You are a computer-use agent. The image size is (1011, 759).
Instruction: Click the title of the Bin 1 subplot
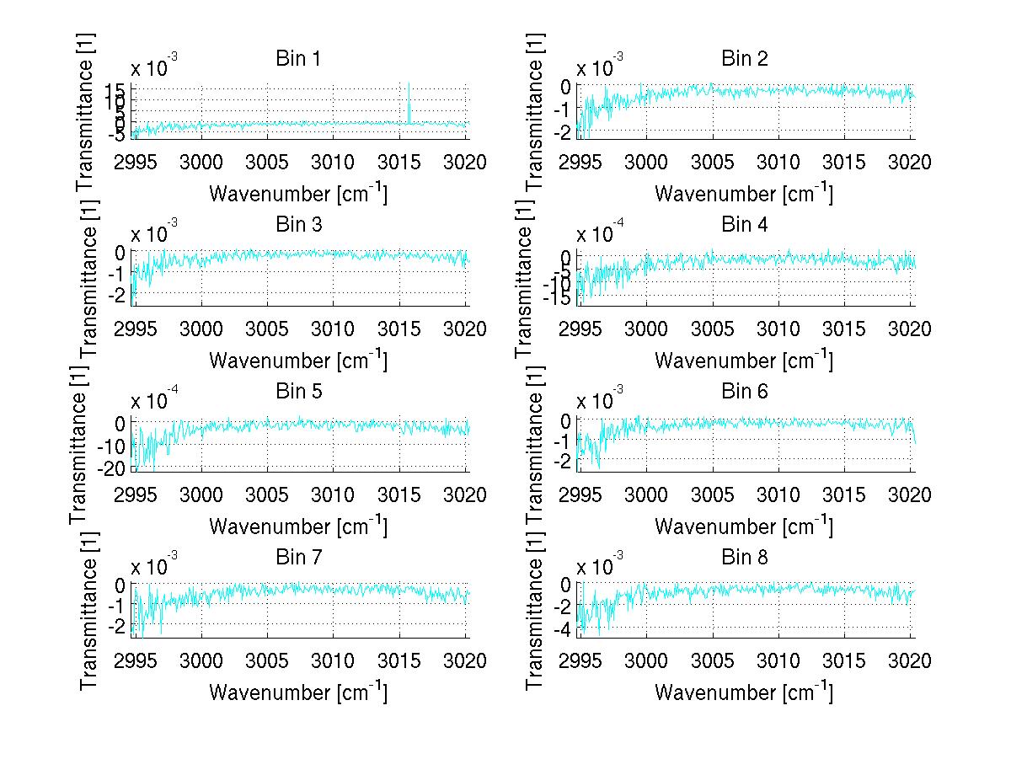297,59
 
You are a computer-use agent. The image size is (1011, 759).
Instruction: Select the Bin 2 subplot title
744,59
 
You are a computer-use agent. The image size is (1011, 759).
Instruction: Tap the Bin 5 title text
297,392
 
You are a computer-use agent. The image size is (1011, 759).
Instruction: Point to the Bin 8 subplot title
744,558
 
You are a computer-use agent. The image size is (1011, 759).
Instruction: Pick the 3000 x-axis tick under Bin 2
646,163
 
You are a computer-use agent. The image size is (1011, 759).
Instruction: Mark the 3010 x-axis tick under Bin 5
332,494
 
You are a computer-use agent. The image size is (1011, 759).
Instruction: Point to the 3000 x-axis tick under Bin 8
646,660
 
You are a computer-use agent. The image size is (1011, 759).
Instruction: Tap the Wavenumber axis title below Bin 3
297,360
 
